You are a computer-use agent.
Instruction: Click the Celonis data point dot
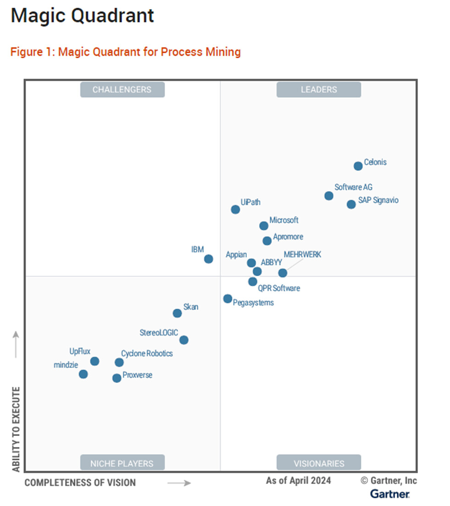[x=358, y=166]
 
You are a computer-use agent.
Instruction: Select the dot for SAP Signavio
[x=351, y=204]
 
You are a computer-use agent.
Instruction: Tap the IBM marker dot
[x=208, y=259]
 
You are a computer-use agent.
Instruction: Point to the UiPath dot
[x=235, y=210]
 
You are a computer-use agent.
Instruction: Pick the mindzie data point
[x=83, y=374]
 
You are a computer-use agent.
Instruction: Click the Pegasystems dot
[x=228, y=299]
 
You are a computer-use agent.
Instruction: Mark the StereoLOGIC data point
[x=184, y=340]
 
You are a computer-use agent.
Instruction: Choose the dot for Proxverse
[x=117, y=378]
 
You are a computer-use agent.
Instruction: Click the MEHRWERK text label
[x=302, y=255]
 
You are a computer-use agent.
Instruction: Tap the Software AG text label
[x=353, y=187]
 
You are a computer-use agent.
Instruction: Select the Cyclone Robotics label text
[x=147, y=353]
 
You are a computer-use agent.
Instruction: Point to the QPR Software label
[x=279, y=288]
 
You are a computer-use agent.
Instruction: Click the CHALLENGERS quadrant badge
[x=122, y=89]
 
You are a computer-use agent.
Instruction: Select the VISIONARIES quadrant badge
[x=319, y=463]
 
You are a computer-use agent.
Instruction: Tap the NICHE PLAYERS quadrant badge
[x=122, y=463]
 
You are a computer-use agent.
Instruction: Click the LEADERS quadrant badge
[x=319, y=89]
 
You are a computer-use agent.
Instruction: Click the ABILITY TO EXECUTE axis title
[x=17, y=429]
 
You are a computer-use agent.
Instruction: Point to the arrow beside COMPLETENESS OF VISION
[x=178, y=483]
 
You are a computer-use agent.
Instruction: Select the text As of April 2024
[x=298, y=481]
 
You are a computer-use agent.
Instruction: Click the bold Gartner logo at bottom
[x=390, y=494]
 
